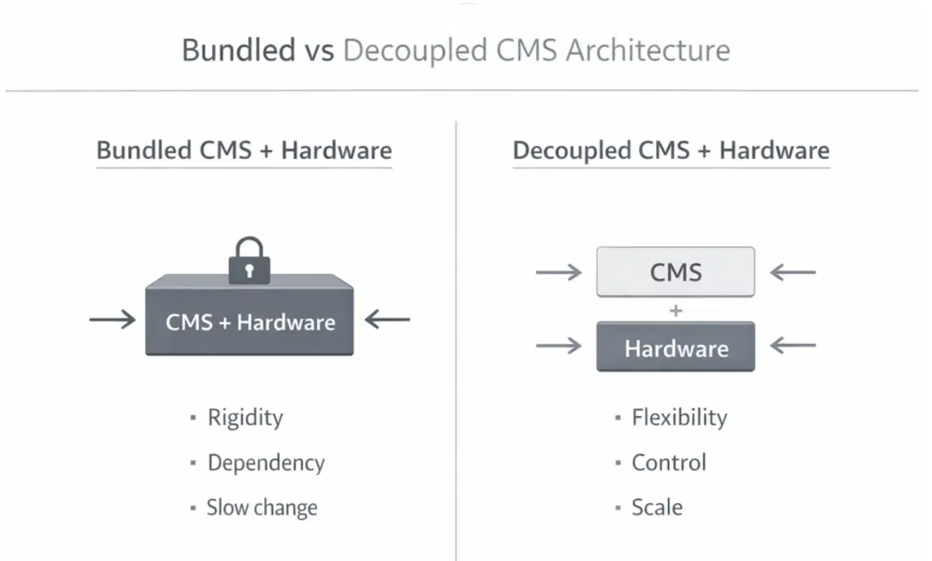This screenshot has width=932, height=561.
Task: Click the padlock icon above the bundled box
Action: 249,262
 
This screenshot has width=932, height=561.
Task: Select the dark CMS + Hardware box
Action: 250,321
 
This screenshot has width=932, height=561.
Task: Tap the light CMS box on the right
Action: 675,272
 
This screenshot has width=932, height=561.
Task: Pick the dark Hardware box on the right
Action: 675,347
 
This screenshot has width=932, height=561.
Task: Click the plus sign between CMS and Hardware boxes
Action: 676,310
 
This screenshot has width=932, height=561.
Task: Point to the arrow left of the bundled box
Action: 113,319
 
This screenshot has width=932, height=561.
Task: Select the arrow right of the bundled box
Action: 387,319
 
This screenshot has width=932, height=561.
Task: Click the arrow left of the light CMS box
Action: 559,272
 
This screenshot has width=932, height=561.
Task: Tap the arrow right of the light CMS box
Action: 792,272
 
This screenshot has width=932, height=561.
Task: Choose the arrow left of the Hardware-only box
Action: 559,346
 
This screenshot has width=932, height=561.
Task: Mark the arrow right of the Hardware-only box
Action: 792,346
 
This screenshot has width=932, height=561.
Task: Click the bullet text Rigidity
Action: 245,418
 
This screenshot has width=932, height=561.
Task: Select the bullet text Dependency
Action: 266,463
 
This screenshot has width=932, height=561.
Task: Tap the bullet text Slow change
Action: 262,508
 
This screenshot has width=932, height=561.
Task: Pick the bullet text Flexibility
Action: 679,418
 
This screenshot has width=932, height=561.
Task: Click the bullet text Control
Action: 668,463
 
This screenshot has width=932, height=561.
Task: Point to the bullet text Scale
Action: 656,508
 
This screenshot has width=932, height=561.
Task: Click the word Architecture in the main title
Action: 648,51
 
